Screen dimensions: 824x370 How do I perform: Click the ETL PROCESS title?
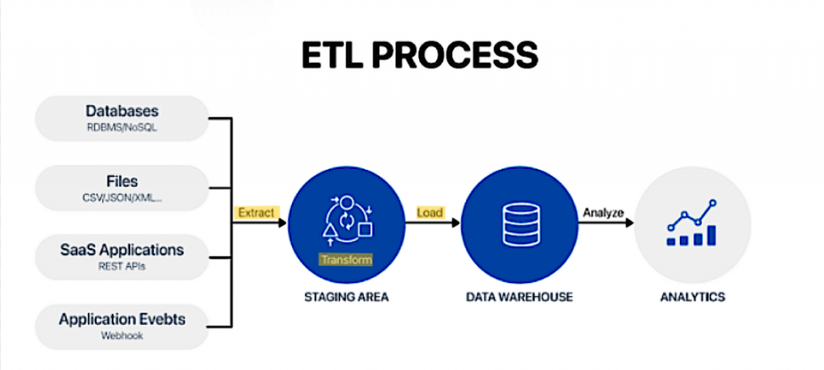point(420,55)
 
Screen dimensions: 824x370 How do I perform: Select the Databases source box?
point(122,118)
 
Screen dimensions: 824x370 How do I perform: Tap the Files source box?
point(122,187)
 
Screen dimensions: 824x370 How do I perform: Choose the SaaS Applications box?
point(122,257)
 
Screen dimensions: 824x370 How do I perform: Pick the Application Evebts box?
point(122,327)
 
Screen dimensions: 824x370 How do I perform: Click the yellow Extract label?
point(257,213)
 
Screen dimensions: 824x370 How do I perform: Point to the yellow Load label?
point(430,213)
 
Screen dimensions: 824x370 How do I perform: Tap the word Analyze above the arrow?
point(603,213)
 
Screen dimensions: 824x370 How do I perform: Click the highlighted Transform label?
point(346,260)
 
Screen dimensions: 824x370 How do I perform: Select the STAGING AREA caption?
point(346,297)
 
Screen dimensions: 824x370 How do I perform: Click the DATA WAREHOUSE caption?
point(519,297)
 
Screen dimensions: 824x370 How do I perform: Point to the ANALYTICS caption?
point(693,297)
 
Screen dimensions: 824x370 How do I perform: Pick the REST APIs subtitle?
point(122,266)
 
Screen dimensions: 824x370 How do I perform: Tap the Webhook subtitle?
point(122,335)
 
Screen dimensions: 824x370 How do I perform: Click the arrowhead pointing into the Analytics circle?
point(629,223)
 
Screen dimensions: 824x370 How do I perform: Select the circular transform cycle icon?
point(347,220)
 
